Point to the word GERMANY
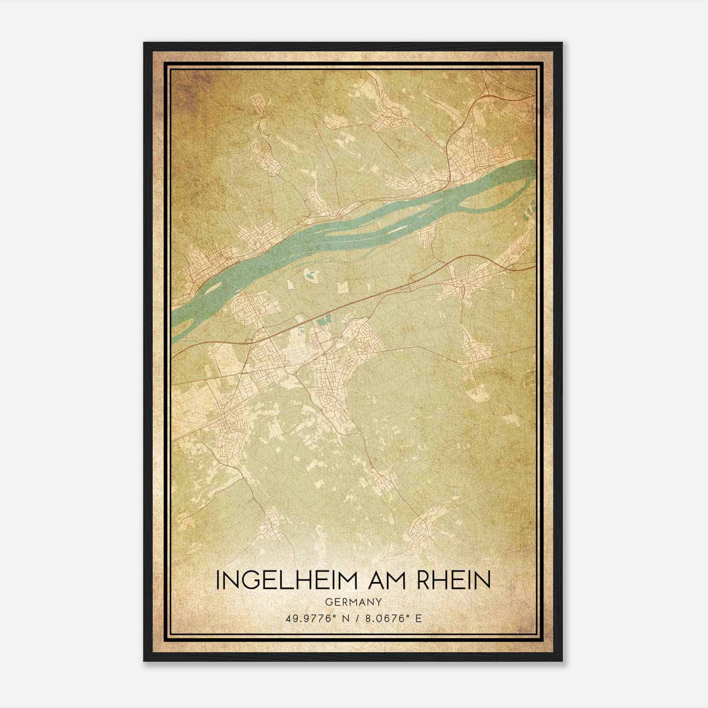click(353, 601)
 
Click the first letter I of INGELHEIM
click(218, 580)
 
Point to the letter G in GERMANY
click(327, 601)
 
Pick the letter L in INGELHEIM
click(288, 580)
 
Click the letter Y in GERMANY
click(379, 601)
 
